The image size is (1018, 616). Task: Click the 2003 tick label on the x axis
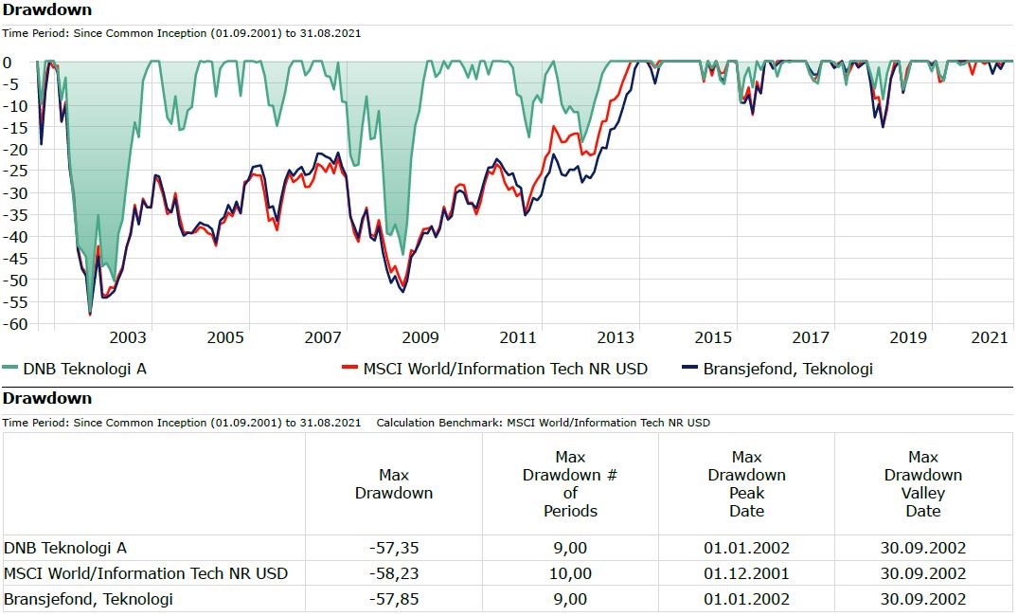coord(128,337)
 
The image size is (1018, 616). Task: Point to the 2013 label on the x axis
coord(616,337)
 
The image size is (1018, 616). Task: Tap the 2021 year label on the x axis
coord(990,337)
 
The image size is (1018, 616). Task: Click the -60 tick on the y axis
coord(12,324)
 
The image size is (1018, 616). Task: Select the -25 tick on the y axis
coord(12,172)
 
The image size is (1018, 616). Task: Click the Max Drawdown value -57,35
coord(393,548)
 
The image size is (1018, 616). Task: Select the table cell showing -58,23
coord(393,573)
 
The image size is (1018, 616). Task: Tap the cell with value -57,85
coord(393,599)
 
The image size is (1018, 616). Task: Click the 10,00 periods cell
coord(570,573)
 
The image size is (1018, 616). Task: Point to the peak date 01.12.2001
coord(746,573)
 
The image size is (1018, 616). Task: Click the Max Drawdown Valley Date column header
coord(922,484)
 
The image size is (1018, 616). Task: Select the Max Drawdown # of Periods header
coord(570,484)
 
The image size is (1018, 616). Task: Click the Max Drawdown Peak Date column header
coord(746,484)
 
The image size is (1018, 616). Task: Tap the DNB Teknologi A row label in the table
coord(65,548)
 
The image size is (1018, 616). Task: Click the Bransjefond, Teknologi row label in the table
coord(89,599)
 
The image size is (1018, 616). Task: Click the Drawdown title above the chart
coord(47,10)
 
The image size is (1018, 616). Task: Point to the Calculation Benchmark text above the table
coord(543,423)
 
